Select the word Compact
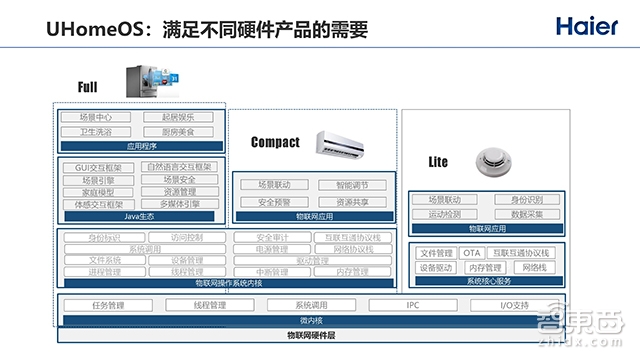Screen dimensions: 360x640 pos(276,142)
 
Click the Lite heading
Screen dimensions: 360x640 pos(438,162)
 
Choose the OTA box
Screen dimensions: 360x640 pos(473,254)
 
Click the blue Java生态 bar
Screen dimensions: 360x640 pos(142,216)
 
